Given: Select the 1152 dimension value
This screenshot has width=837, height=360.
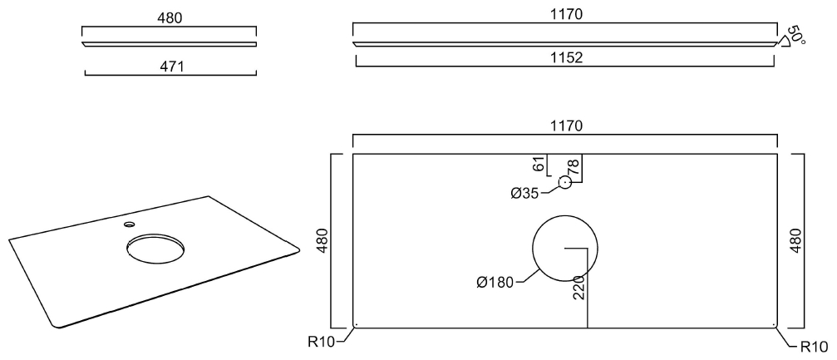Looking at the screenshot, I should click(x=565, y=57).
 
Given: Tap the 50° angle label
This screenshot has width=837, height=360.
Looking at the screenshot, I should click(x=796, y=35).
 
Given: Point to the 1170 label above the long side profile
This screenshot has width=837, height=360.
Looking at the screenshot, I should click(x=565, y=15).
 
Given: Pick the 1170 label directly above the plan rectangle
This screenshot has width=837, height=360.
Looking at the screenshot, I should click(x=565, y=126).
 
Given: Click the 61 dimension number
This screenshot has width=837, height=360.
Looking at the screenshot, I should click(x=539, y=164).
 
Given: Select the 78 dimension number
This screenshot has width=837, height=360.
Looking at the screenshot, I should click(x=572, y=167).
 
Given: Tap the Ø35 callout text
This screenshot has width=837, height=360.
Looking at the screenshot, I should click(x=526, y=193).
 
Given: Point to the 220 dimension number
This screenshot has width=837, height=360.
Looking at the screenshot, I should click(x=579, y=288).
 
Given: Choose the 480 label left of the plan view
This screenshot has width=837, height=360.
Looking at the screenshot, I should click(x=322, y=240).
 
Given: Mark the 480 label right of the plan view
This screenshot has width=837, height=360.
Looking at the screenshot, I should click(x=795, y=240).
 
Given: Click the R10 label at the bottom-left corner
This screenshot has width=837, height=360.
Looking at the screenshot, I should click(x=322, y=340).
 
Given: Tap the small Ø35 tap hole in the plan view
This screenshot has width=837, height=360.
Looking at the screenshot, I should click(x=565, y=182).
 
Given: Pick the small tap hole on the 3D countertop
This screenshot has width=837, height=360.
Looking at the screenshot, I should click(x=129, y=224).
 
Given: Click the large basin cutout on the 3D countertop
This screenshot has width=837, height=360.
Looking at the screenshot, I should click(x=155, y=247).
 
